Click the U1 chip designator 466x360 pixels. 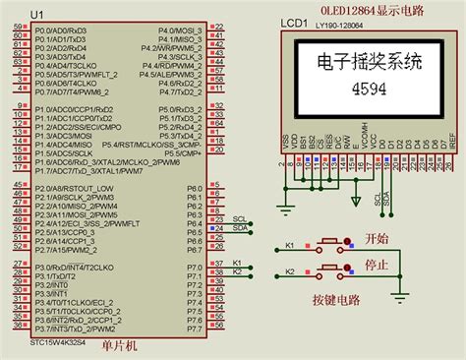point(36,16)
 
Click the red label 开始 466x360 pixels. point(378,238)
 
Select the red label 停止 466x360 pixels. point(378,266)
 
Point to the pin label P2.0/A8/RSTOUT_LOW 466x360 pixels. point(74,188)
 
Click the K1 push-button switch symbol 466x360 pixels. point(327,246)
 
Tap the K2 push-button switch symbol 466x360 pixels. point(327,271)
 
